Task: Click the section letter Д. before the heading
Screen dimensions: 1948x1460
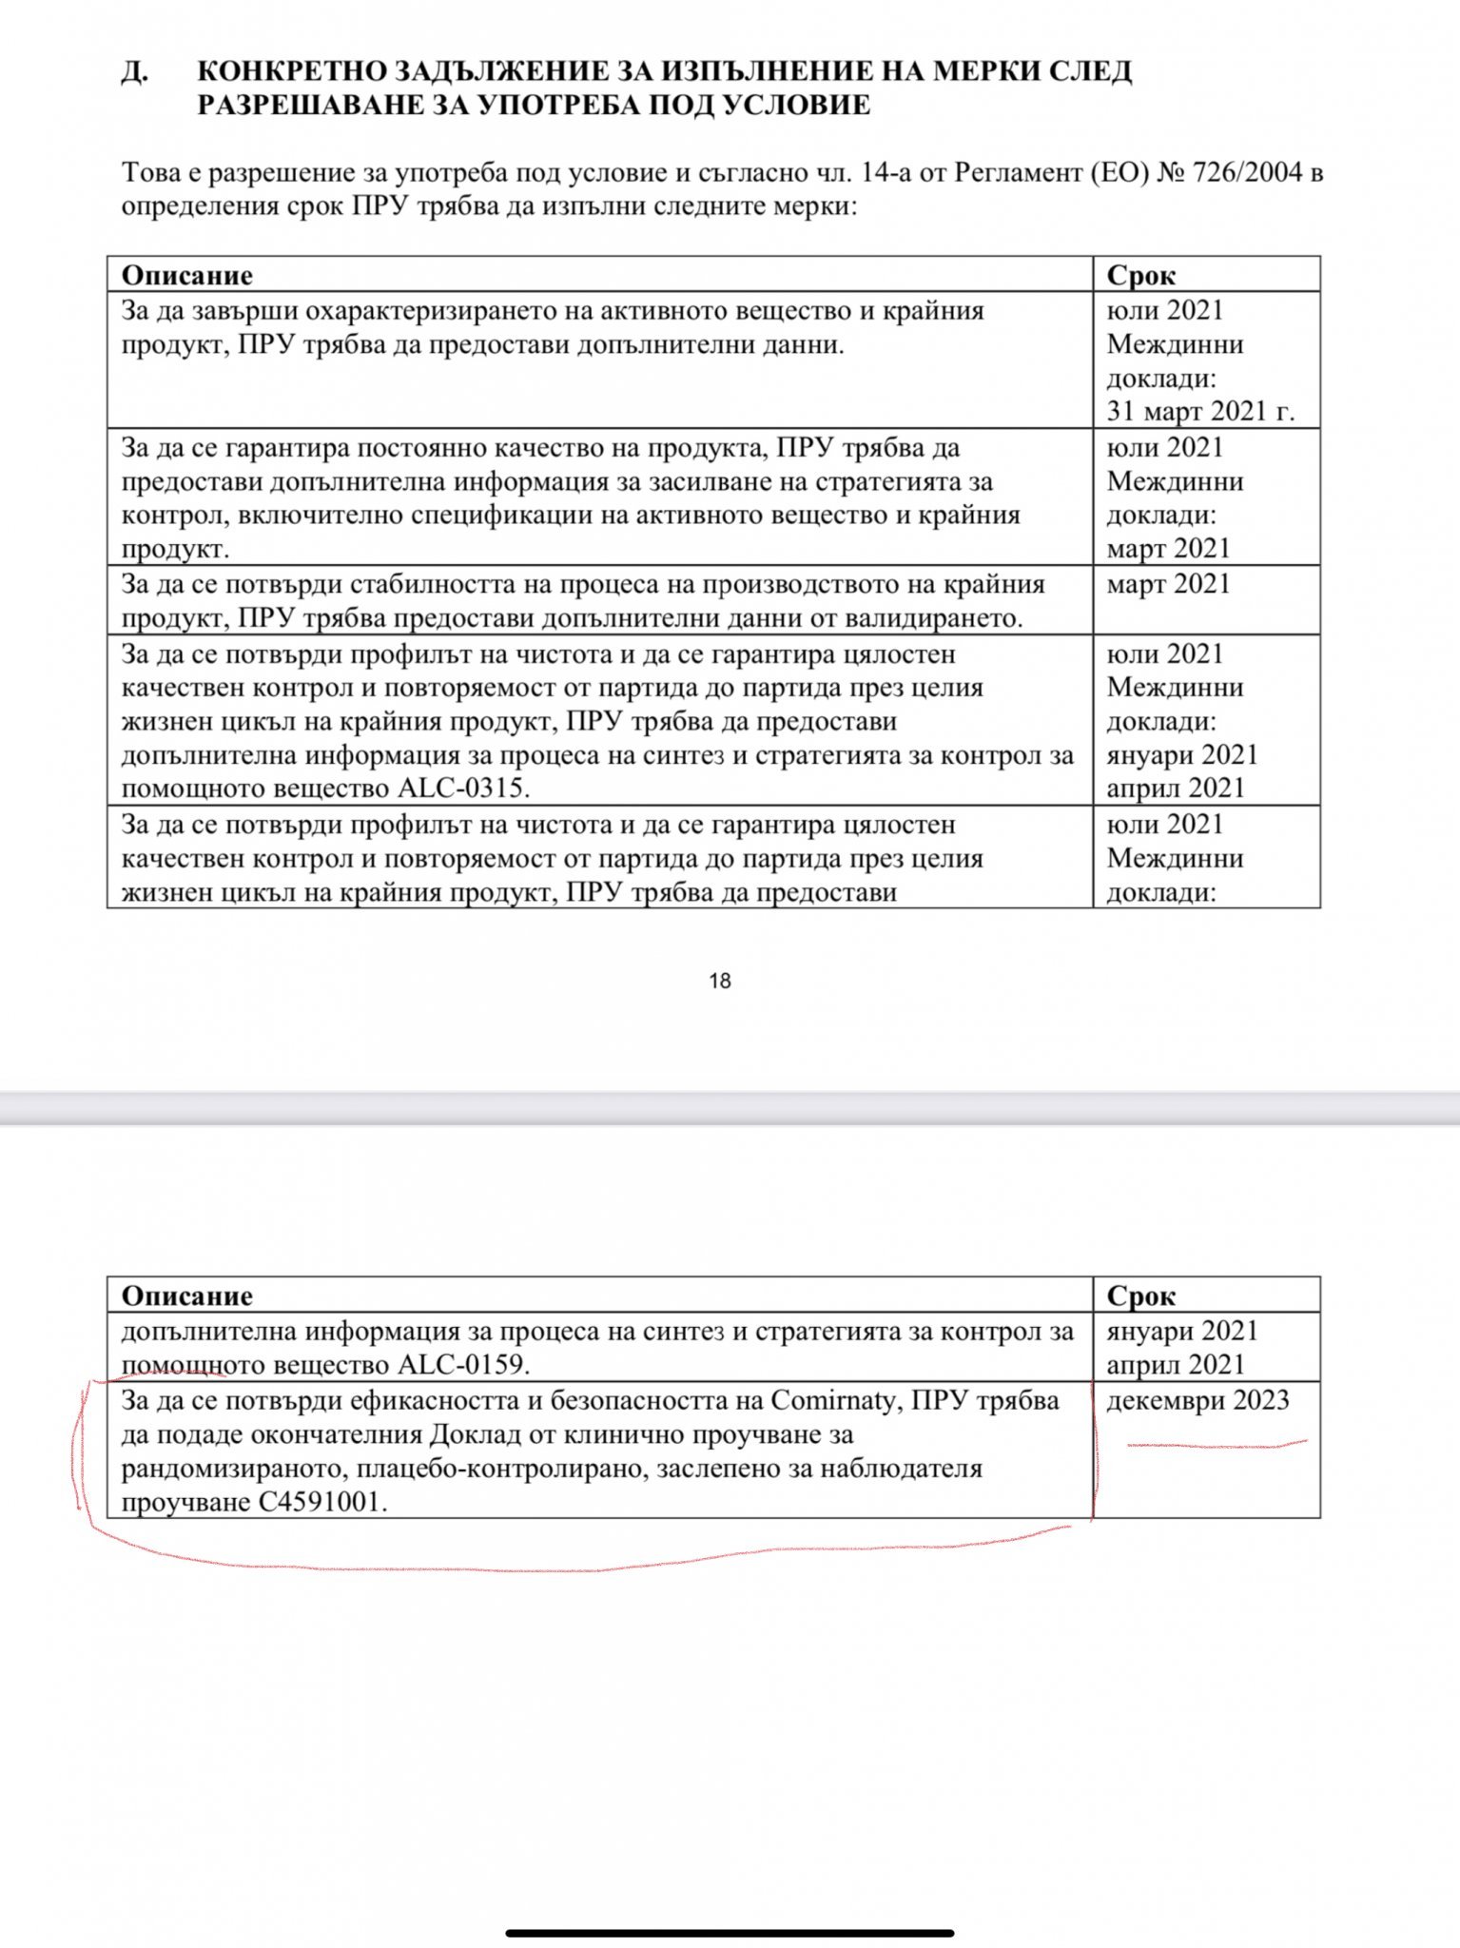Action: click(x=134, y=72)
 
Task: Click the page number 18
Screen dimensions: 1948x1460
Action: click(x=720, y=981)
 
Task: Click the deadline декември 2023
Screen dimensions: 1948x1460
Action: click(x=1197, y=1400)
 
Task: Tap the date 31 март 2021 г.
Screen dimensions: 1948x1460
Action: click(x=1200, y=411)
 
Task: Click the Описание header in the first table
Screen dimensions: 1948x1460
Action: click(x=186, y=275)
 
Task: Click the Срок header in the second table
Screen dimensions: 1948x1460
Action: click(x=1141, y=1295)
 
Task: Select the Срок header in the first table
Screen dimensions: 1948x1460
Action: click(x=1141, y=275)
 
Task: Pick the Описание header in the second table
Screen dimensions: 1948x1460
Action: click(x=186, y=1295)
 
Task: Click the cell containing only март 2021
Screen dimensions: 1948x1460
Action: click(x=1168, y=584)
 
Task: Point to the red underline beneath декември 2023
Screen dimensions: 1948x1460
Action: click(x=1217, y=1445)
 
